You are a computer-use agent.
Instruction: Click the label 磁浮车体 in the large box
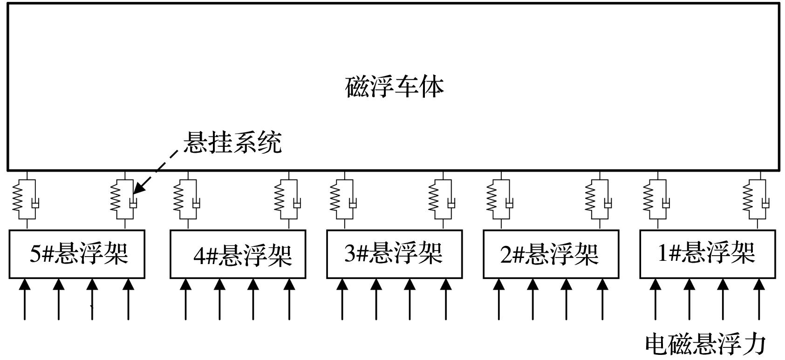coord(394,87)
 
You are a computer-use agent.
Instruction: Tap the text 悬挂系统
coord(232,143)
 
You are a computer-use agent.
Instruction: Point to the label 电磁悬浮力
coord(705,345)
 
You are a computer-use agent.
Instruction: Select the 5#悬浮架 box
coord(77,254)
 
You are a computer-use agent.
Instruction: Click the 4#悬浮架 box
coord(238,254)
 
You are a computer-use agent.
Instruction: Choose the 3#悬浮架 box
coord(394,254)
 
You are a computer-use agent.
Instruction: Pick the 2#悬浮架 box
coord(551,254)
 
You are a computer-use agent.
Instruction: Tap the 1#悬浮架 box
coord(707,254)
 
